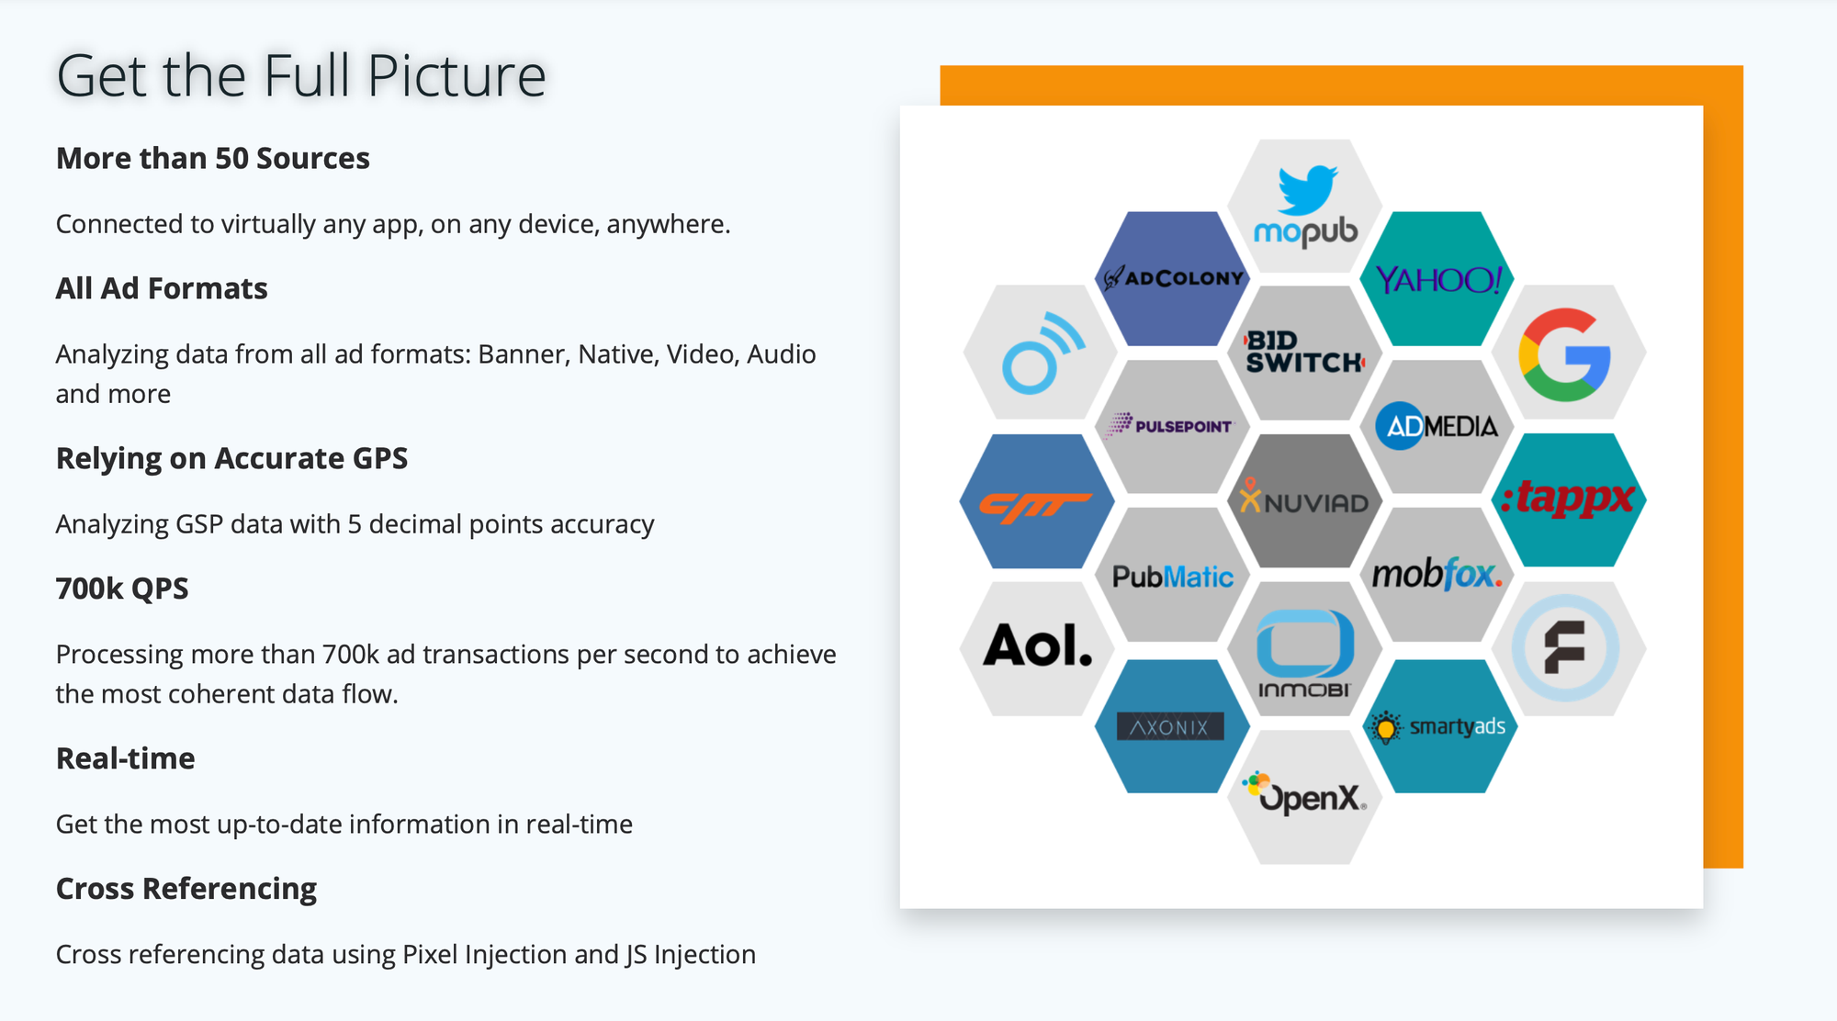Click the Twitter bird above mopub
[1307, 188]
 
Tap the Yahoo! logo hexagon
[1437, 278]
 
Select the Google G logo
[1566, 354]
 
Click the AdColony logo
[1173, 277]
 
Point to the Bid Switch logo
[1304, 353]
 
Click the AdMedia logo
[1437, 426]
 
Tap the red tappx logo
[1568, 499]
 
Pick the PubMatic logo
[1172, 577]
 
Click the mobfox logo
[1437, 575]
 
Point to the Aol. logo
[1038, 646]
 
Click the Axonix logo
[1169, 727]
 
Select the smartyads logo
[1437, 727]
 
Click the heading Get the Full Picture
[301, 75]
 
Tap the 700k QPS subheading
[122, 589]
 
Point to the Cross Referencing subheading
[186, 889]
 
